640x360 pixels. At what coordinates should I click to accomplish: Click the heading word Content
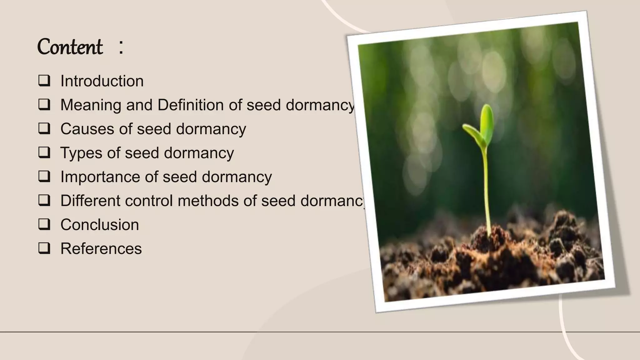tap(70, 47)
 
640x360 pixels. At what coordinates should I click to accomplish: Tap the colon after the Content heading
tap(121, 47)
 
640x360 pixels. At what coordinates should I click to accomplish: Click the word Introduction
tap(102, 81)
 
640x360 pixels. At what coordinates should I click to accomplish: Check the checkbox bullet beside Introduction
tap(44, 81)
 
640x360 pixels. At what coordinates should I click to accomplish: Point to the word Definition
tap(190, 105)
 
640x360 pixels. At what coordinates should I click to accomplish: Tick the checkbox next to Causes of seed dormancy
tap(44, 128)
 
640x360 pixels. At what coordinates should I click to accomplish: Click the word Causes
tap(85, 129)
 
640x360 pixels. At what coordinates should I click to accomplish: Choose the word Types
tap(81, 153)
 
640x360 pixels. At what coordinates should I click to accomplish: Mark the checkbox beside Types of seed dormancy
tap(44, 152)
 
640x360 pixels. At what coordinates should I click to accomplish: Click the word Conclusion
tap(100, 225)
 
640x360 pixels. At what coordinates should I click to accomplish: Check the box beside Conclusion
tap(44, 224)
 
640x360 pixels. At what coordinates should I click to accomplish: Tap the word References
tap(101, 249)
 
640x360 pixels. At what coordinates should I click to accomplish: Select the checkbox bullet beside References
tap(44, 248)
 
